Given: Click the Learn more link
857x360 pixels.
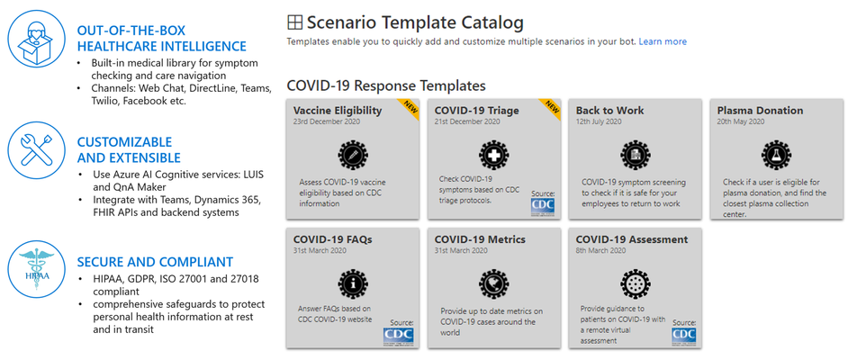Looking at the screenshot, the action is (663, 41).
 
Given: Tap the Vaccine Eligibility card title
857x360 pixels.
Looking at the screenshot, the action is (338, 111).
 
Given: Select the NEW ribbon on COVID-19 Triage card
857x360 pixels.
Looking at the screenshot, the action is (551, 108).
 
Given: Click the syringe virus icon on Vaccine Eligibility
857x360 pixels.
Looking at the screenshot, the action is (352, 156).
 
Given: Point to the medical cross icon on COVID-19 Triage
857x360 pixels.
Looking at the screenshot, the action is (493, 154).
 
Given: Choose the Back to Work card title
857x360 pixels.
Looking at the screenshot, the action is (610, 111).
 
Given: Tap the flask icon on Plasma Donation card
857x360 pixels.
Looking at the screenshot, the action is (776, 156).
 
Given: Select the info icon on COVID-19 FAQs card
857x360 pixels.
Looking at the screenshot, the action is (353, 284).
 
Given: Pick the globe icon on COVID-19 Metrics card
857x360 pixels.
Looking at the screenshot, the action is (493, 284).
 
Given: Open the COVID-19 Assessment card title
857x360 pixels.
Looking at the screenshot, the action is (632, 239).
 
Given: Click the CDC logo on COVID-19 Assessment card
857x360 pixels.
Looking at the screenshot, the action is (684, 337).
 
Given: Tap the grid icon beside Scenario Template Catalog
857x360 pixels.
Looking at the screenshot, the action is (294, 22).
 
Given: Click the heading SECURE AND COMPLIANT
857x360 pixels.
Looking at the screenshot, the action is (155, 262).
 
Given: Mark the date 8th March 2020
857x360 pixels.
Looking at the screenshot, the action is (600, 251).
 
